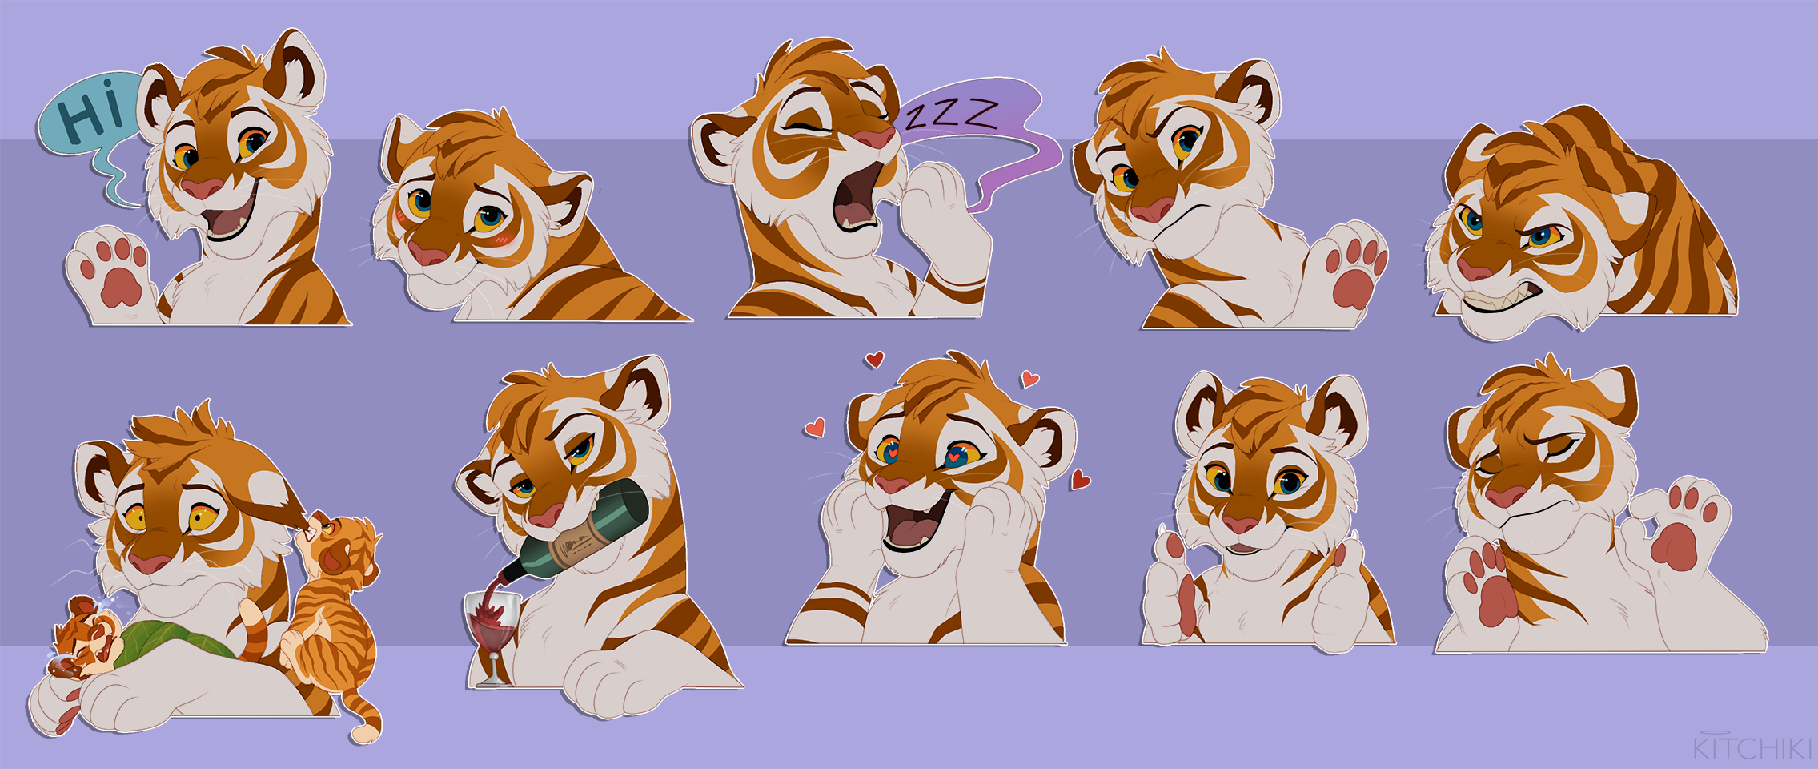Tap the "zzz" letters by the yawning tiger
click(x=952, y=115)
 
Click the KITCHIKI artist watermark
click(x=1752, y=747)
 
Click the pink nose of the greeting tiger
click(x=202, y=188)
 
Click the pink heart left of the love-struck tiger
click(x=815, y=428)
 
